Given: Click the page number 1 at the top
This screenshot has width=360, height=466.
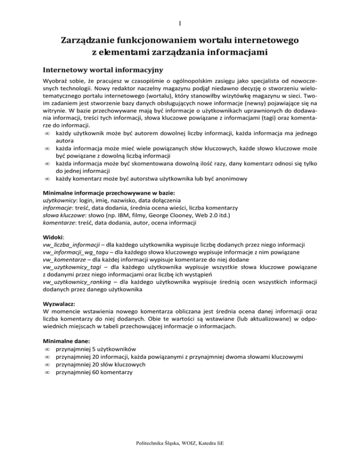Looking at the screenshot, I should [x=180, y=22].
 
